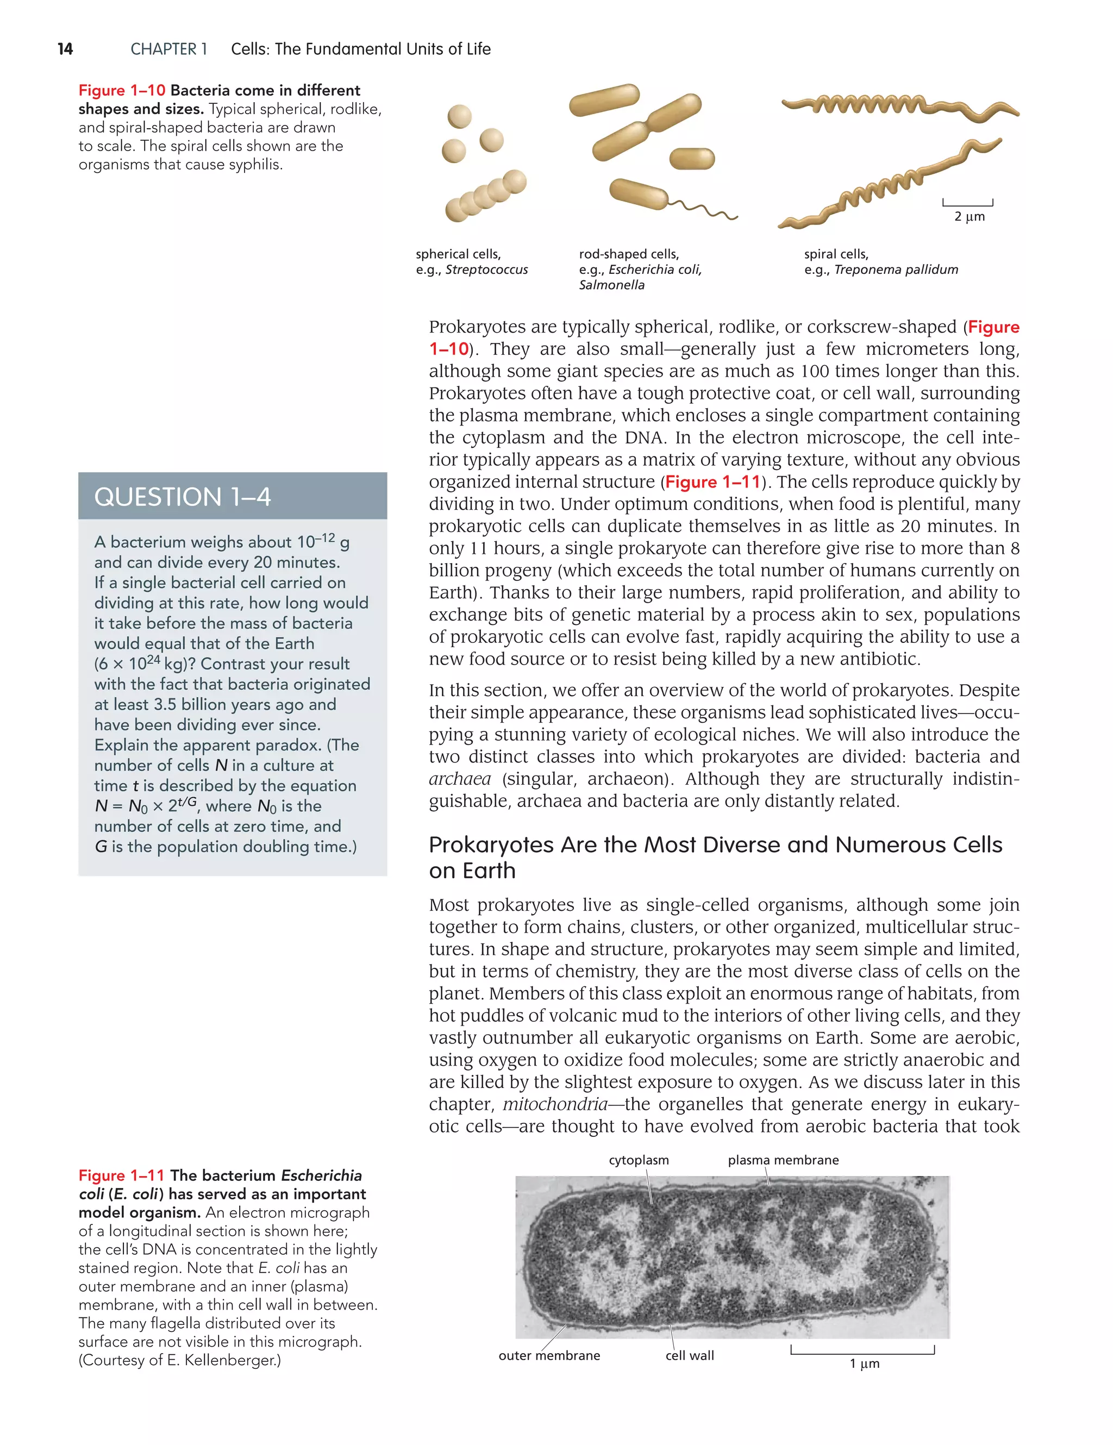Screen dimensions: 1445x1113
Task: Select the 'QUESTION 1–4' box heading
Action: [x=183, y=497]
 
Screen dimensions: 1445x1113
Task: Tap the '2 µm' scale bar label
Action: [x=969, y=216]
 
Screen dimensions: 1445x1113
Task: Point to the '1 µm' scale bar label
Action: [x=864, y=1363]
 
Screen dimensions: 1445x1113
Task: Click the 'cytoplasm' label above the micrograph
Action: [x=639, y=1160]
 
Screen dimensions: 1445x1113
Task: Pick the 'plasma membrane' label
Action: [x=783, y=1160]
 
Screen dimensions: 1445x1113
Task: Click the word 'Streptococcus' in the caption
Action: [x=486, y=270]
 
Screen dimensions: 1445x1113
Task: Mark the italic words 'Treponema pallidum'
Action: [x=896, y=270]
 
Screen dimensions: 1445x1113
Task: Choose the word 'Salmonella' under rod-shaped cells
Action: [x=611, y=285]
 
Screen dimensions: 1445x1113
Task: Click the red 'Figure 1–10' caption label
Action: [x=121, y=91]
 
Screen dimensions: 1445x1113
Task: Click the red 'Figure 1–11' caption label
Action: [x=121, y=1175]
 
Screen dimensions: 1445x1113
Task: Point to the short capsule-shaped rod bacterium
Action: [x=692, y=159]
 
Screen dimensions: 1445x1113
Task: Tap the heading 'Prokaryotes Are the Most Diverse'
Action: [x=715, y=845]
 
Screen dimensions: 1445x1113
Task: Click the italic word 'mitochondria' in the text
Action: [x=554, y=1104]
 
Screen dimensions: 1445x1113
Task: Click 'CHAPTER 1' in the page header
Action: [x=168, y=49]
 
